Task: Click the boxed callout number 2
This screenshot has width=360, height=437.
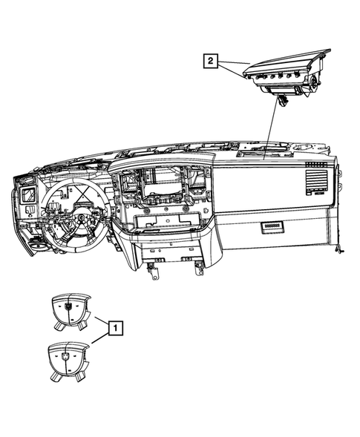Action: (x=212, y=61)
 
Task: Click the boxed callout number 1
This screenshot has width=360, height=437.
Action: (x=114, y=326)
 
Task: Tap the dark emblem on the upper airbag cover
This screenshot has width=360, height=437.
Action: (x=69, y=303)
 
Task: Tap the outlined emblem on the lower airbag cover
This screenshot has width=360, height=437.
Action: (x=69, y=357)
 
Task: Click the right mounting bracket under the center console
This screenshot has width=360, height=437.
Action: (x=199, y=266)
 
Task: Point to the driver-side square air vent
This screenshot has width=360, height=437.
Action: (x=28, y=195)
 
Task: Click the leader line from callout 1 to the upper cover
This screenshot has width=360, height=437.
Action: (x=99, y=320)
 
